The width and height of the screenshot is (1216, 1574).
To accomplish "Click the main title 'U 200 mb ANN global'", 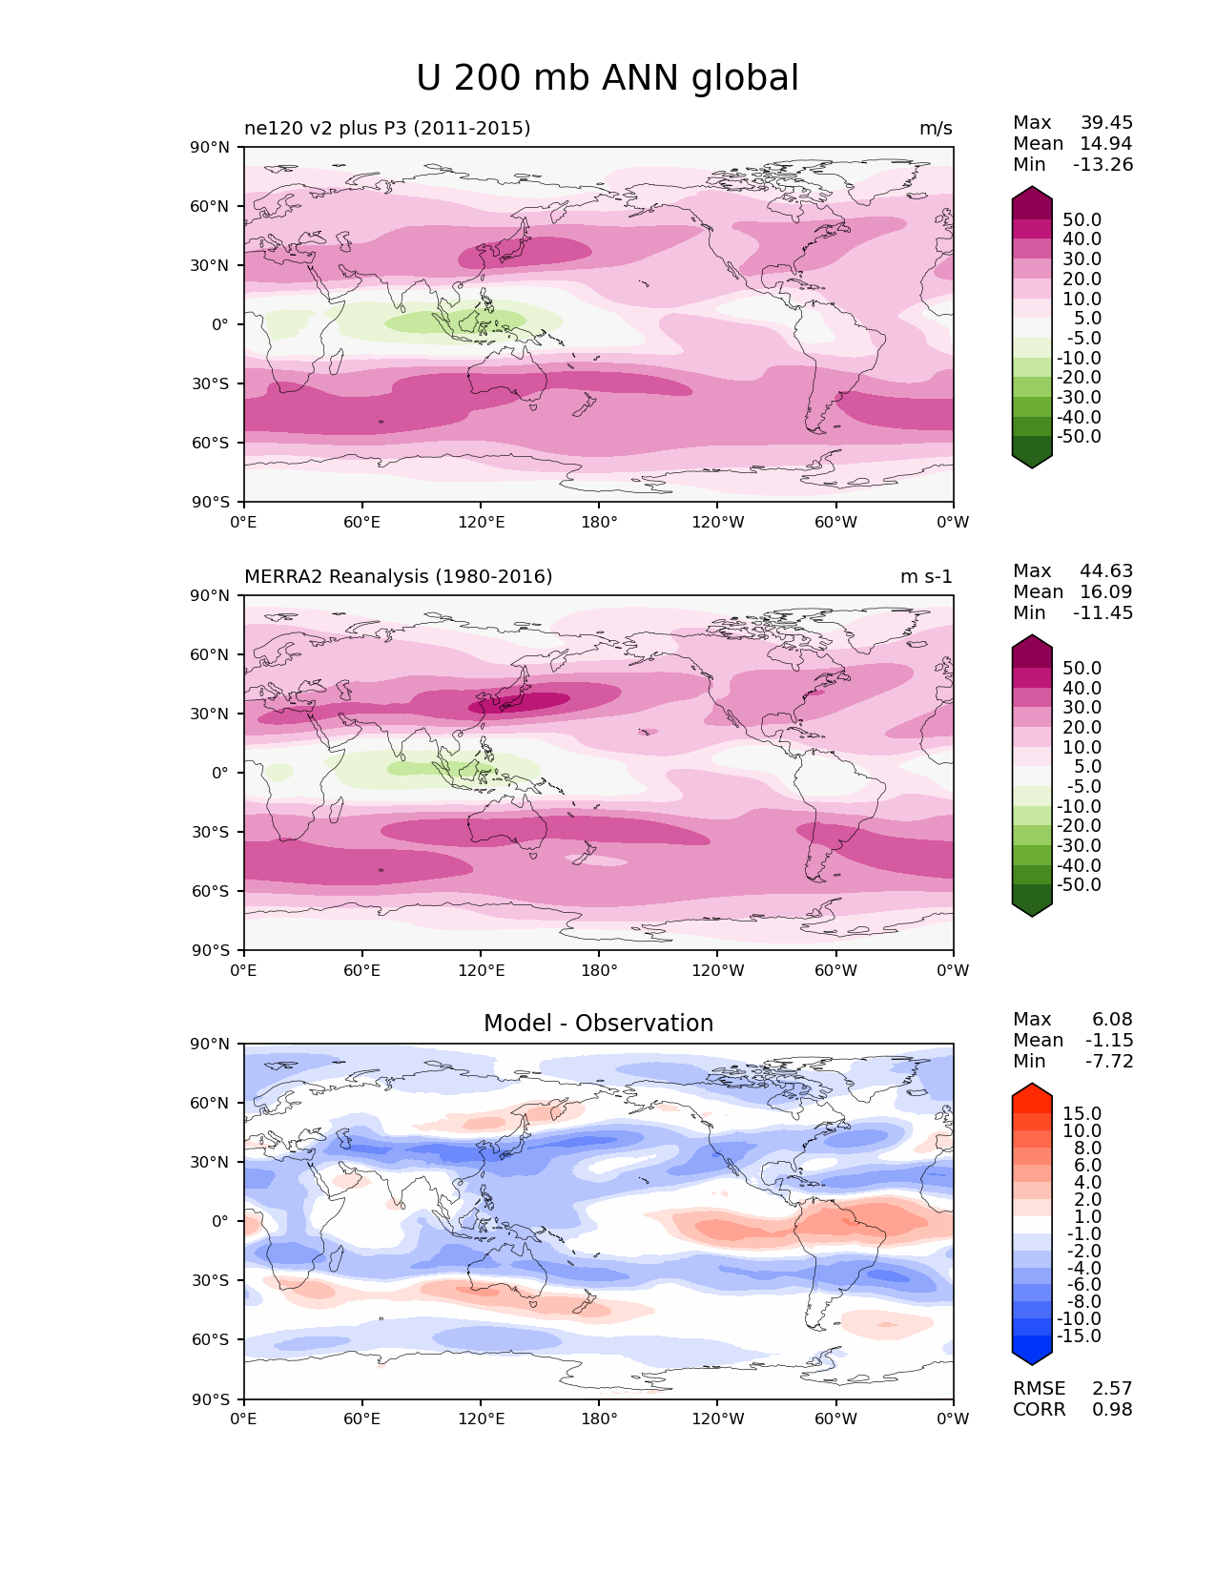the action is coord(607,78).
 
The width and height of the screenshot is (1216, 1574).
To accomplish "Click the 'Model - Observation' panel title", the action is coord(598,1023).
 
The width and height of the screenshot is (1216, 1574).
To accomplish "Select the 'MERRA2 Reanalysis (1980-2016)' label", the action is coord(398,576).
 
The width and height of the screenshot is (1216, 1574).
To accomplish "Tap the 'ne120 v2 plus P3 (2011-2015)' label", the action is coord(387,128).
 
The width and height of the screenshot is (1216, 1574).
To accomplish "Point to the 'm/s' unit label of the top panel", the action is coord(936,128).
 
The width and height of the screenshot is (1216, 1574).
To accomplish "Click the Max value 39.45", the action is coord(1106,122).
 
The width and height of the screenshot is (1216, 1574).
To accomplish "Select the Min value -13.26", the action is coord(1103,164).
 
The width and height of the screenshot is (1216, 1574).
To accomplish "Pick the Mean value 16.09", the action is coord(1106,591).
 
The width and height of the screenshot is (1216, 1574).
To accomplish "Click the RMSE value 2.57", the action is coord(1112,1388).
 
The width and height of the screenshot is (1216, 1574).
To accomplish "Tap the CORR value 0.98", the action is coord(1112,1409).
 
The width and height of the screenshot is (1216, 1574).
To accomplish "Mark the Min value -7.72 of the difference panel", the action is coord(1108,1061).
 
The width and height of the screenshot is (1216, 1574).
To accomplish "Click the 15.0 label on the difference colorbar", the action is coord(1082,1113).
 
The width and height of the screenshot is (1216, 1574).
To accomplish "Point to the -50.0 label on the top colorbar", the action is coord(1079,436).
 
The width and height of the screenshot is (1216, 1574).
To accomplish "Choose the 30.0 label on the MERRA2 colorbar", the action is coord(1082,707).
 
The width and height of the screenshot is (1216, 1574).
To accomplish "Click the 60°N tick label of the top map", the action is coord(209,206).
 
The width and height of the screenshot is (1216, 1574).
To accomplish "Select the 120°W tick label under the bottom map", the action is coord(718,1419).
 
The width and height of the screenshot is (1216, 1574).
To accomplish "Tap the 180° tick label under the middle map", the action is coord(599,970).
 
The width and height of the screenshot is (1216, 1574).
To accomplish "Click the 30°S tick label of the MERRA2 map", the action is coord(210,832).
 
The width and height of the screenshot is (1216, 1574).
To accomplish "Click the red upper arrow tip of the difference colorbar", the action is coord(1031,1084).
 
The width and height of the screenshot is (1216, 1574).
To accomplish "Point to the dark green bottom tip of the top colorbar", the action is coord(1031,468).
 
